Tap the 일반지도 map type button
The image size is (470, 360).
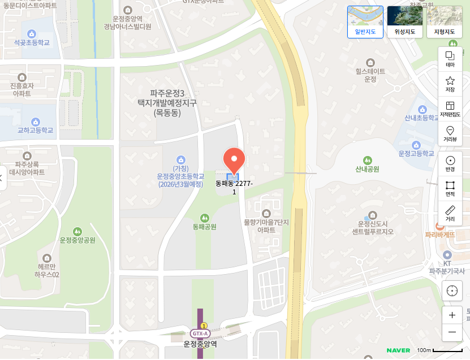pos(365,21)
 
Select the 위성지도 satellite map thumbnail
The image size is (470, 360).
pos(404,21)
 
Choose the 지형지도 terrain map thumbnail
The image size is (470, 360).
pos(444,21)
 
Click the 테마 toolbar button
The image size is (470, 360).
pos(450,59)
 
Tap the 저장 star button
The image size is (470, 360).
pos(450,84)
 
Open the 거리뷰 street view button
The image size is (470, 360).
pos(450,133)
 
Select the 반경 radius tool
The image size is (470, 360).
pos(450,163)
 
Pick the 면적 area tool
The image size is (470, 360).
pos(450,188)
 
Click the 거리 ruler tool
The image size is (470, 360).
pos(450,213)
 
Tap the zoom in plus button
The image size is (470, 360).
pos(452,315)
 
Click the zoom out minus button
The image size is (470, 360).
pos(452,332)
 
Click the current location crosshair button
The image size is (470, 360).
pos(452,290)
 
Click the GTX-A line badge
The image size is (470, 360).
pos(200,333)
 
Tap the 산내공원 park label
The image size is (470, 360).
pos(367,169)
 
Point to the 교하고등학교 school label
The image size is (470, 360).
pos(35,130)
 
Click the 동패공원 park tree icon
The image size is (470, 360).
pos(205,217)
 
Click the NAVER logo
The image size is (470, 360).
pos(398,350)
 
